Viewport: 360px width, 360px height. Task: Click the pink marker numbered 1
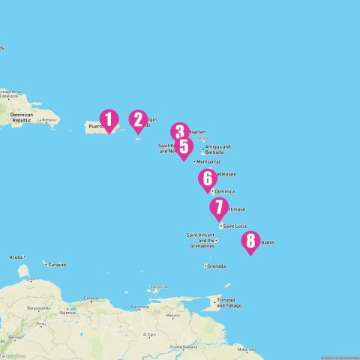click(x=109, y=120)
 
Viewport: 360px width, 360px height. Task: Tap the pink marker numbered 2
click(x=137, y=120)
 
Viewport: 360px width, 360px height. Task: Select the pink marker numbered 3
click(x=178, y=132)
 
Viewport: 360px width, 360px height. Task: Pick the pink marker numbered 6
click(x=207, y=179)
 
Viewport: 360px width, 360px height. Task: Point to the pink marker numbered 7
click(x=218, y=207)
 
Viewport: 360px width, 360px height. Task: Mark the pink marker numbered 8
click(x=250, y=241)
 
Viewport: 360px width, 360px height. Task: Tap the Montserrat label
click(x=208, y=161)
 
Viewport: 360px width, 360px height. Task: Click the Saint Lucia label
click(x=235, y=226)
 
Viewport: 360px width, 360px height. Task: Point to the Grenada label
click(x=216, y=266)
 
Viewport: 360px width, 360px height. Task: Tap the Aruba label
click(x=16, y=256)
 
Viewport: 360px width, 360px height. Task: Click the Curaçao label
click(x=56, y=265)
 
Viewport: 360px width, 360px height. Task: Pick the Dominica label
click(x=224, y=190)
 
